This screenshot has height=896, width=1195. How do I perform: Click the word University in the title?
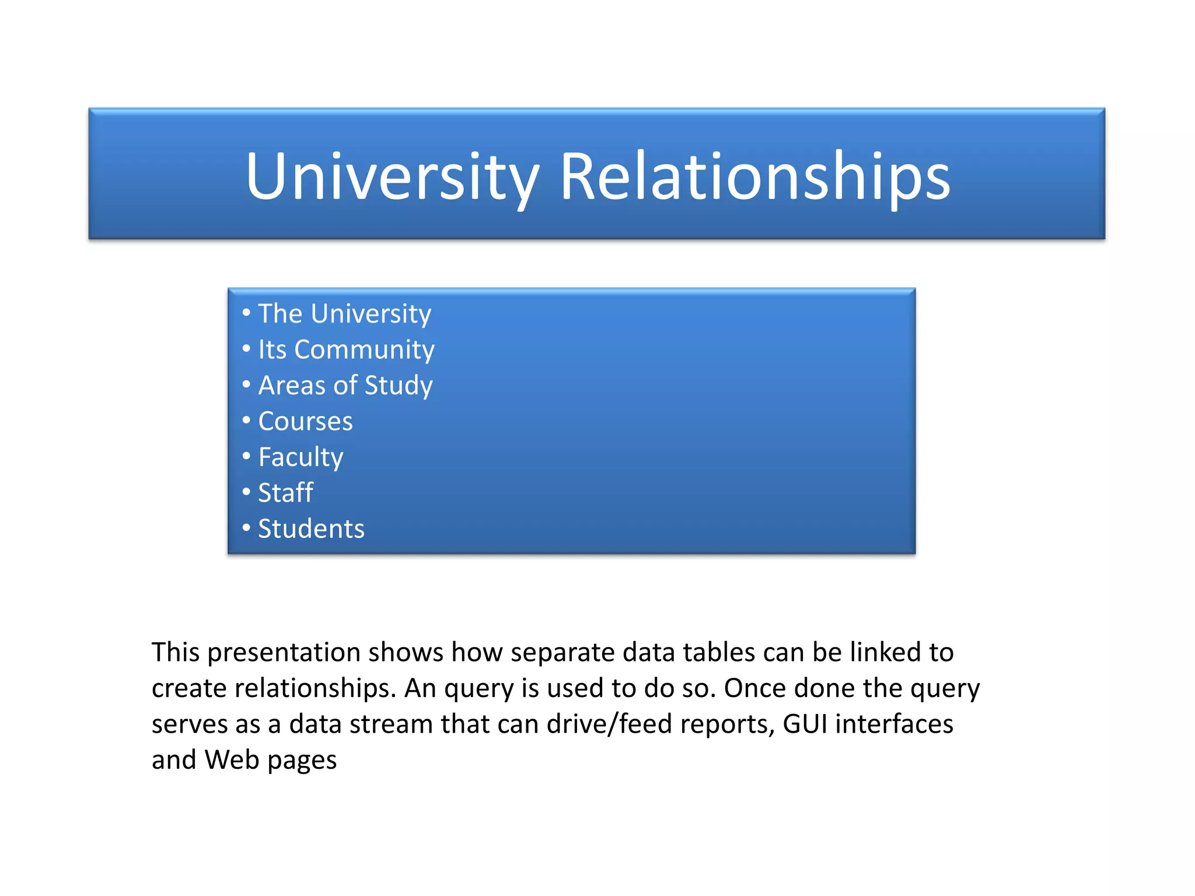click(392, 176)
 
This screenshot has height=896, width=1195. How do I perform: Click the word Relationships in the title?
click(755, 176)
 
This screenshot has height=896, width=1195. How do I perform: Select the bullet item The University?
click(344, 314)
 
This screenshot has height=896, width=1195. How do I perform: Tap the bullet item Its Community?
click(346, 350)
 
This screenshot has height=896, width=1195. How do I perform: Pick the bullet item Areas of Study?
click(345, 386)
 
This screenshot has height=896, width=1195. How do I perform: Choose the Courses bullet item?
click(305, 421)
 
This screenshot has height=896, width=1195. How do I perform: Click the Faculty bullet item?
click(301, 457)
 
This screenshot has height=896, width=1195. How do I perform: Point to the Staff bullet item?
click(285, 493)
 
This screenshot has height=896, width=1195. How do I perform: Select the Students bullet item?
click(311, 528)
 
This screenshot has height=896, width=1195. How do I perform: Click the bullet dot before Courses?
click(246, 420)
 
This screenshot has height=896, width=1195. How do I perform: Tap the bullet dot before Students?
click(246, 527)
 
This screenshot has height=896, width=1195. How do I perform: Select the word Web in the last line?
click(232, 760)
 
